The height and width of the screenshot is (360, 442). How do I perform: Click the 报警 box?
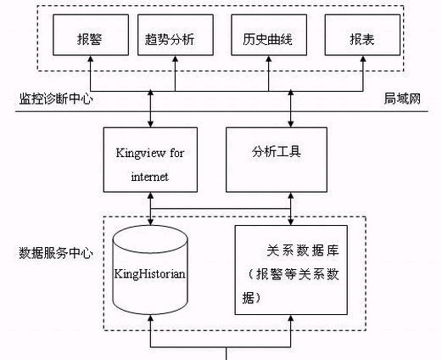(91, 35)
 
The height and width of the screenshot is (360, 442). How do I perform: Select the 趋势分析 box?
(176, 35)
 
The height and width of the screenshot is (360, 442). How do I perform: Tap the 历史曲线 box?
(269, 35)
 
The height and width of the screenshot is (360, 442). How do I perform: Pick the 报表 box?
(362, 35)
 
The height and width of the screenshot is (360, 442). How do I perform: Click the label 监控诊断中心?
(56, 99)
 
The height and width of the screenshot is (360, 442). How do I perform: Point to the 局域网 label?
(402, 98)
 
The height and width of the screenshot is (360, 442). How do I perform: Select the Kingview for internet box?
(150, 160)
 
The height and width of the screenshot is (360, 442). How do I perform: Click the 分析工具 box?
(277, 160)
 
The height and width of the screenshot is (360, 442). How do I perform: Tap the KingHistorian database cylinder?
(150, 270)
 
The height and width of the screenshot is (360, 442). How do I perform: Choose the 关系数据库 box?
(291, 270)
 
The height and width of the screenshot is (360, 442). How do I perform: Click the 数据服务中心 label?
(56, 253)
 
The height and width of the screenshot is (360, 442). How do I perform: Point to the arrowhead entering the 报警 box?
(91, 59)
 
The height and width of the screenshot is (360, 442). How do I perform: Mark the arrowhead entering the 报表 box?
(363, 59)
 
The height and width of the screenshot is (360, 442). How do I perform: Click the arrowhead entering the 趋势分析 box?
(176, 59)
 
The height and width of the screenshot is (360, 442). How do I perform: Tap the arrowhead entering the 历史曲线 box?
(269, 59)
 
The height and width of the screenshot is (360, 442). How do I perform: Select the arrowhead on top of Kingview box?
(151, 124)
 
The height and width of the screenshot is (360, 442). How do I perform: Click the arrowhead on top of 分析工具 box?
(291, 124)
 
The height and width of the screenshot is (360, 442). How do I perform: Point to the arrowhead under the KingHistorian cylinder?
(151, 318)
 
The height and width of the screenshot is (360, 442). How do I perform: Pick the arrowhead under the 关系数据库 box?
(291, 318)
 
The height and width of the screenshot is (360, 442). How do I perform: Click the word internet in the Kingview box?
(150, 177)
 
